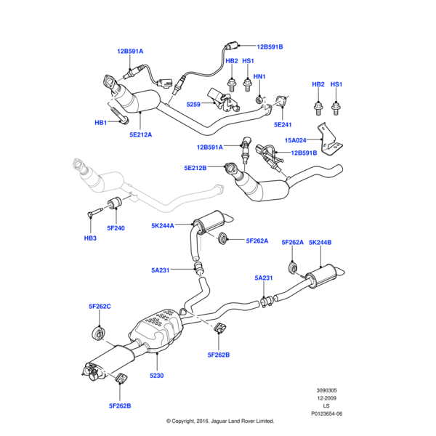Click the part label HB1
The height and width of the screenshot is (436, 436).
click(x=101, y=123)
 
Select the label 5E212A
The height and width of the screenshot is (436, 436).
click(x=142, y=134)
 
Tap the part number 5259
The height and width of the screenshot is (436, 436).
click(x=193, y=105)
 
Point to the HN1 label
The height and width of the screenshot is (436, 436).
click(x=259, y=76)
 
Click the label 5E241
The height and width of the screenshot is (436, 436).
click(x=283, y=124)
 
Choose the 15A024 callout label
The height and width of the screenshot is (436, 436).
click(x=296, y=140)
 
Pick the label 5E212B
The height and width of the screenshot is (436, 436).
click(x=195, y=168)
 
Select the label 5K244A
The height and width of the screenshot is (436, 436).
click(x=163, y=225)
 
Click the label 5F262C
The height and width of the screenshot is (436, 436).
click(x=100, y=307)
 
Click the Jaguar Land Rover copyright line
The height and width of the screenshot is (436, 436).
click(x=219, y=421)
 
